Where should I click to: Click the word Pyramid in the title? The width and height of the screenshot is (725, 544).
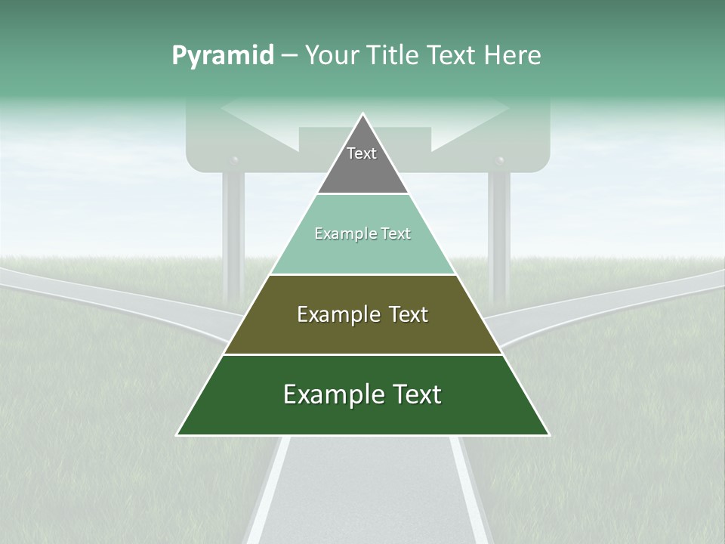(222, 56)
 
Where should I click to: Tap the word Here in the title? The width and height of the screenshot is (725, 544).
(512, 56)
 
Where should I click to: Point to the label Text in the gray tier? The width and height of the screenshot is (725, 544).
(362, 153)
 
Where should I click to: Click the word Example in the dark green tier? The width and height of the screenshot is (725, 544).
(325, 394)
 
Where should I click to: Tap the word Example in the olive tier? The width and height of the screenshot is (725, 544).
(331, 314)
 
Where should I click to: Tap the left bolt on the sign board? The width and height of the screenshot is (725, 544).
(234, 161)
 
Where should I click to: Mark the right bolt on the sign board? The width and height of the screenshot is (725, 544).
(498, 161)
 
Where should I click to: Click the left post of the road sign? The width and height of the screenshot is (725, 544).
(233, 234)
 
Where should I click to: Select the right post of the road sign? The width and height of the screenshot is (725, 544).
(498, 234)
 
